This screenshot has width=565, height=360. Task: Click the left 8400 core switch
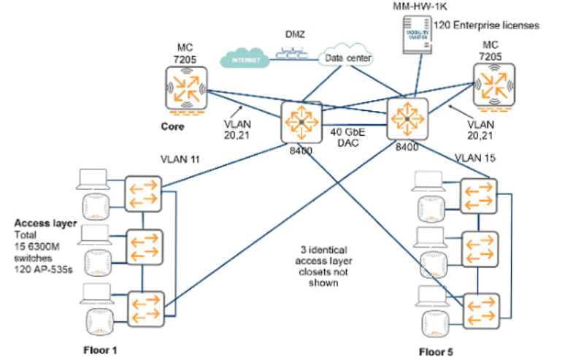click(x=301, y=121)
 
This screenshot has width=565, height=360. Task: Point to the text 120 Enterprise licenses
click(x=486, y=26)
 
